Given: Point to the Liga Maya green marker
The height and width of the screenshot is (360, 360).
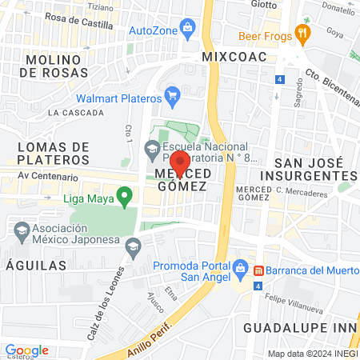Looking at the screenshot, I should click(x=124, y=194).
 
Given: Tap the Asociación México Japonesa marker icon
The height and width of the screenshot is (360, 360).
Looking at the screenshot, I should click(x=22, y=232).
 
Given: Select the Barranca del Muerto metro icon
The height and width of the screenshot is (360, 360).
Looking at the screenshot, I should click(x=258, y=270).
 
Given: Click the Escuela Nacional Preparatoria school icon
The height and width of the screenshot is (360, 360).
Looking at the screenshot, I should click(x=151, y=148).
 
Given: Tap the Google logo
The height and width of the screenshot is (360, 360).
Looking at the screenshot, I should click(x=26, y=350).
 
